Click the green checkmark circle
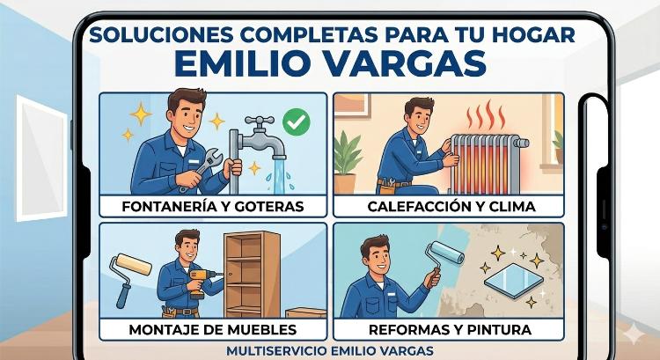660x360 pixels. (297, 121)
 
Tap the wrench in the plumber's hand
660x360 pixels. (202, 167)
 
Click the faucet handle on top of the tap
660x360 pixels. (260, 121)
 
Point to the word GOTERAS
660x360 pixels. (269, 206)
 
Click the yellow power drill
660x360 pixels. (202, 282)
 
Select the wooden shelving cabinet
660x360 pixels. (252, 274)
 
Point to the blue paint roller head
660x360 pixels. (447, 253)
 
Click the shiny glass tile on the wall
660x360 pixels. (514, 281)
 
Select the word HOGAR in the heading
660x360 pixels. (533, 34)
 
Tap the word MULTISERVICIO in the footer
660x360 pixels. (276, 350)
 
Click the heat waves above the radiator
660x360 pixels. (486, 115)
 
